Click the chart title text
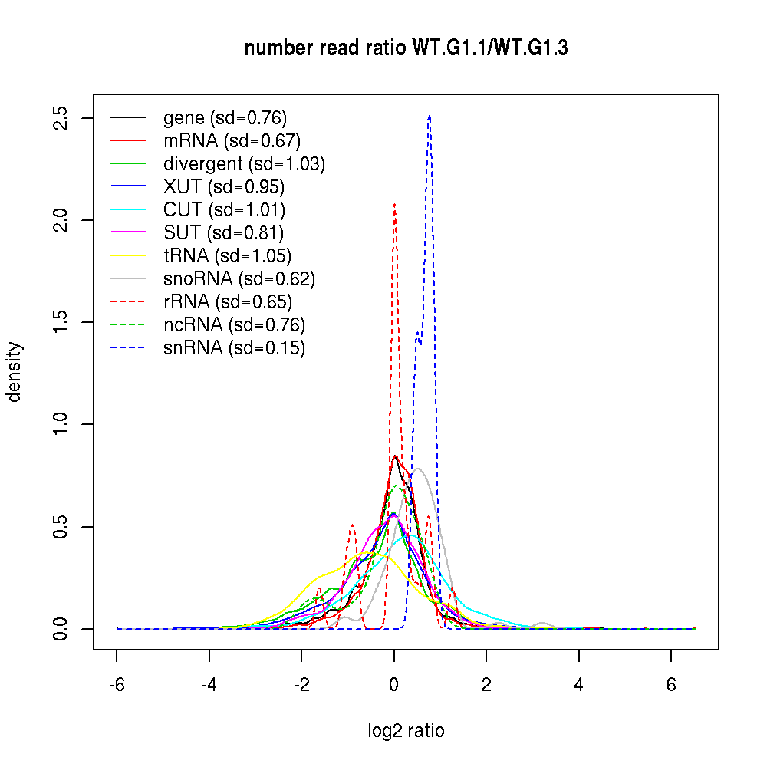[x=406, y=49]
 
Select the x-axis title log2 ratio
[x=406, y=730]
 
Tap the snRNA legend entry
[x=234, y=348]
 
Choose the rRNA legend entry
[x=228, y=302]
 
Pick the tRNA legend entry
[x=227, y=256]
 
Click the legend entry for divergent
[x=244, y=164]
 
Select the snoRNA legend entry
[x=239, y=279]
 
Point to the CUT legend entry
[x=224, y=210]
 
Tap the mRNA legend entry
[x=232, y=141]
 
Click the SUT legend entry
[x=223, y=233]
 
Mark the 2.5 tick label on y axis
[x=62, y=118]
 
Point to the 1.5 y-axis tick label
[x=62, y=322]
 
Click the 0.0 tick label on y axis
[x=62, y=629]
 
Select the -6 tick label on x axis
[x=117, y=685]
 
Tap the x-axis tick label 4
[x=579, y=685]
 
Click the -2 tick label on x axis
[x=301, y=685]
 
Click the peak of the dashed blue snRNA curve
[x=430, y=116]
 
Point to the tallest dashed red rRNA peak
[x=394, y=204]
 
